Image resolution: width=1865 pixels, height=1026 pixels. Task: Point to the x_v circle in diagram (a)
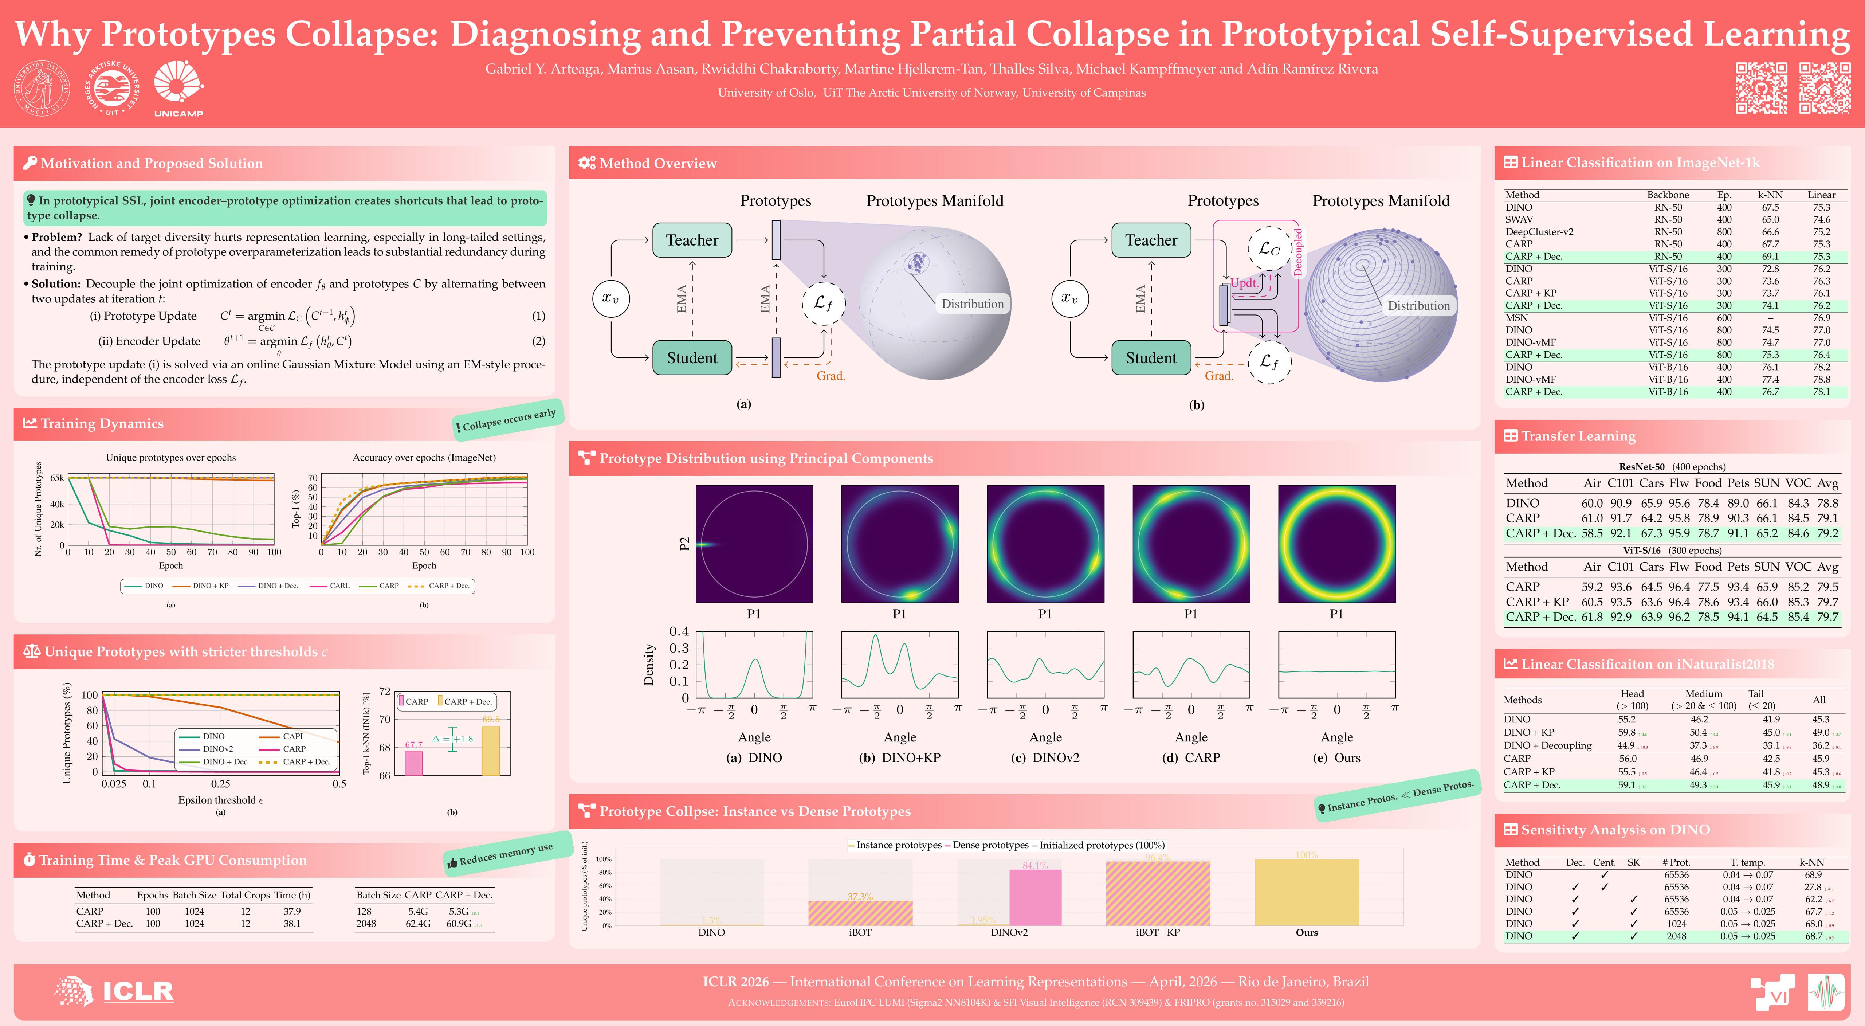(610, 298)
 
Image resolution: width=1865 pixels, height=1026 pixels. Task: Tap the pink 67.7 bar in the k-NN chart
(413, 763)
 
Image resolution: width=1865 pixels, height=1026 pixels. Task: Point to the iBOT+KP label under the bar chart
(1158, 933)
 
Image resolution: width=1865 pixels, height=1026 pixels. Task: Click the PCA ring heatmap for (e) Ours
(1336, 544)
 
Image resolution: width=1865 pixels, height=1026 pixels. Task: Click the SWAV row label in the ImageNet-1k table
(1519, 219)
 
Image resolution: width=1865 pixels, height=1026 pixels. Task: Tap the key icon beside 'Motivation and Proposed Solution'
(30, 163)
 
